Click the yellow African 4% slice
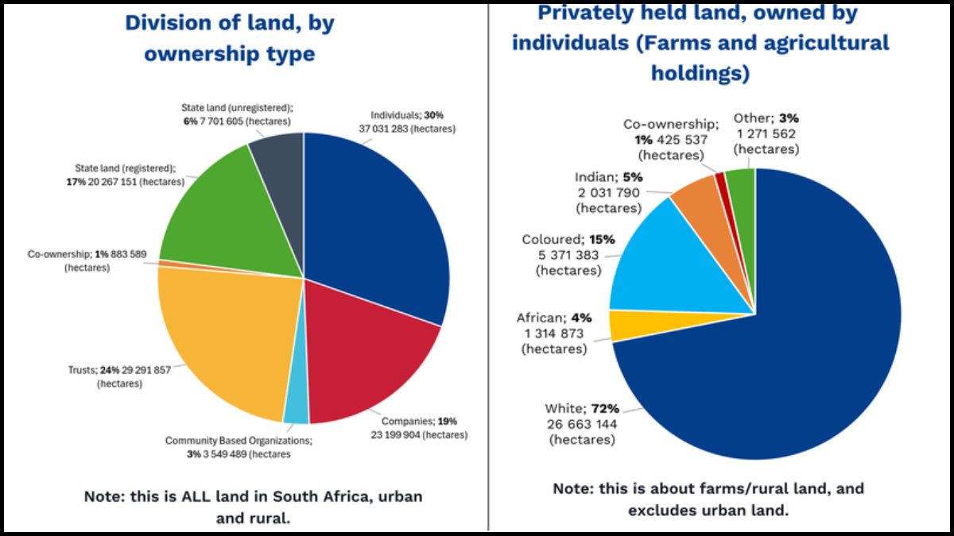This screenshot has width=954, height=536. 621,325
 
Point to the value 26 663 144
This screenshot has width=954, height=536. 580,424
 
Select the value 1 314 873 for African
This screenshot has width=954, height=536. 554,334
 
